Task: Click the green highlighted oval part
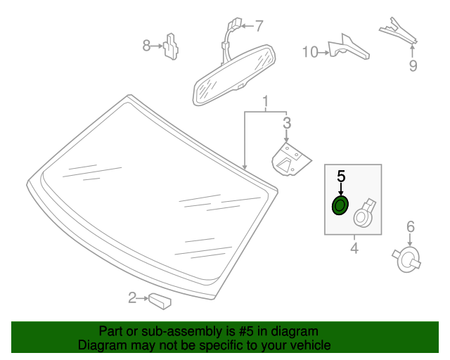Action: coord(340,206)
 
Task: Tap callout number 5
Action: coord(341,176)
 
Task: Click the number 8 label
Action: coord(146,46)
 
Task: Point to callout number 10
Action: coord(310,51)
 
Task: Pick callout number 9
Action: coord(413,66)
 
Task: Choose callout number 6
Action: coord(411,226)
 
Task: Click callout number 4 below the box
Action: coord(354,248)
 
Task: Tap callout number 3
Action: coord(286,124)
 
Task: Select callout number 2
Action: coord(132,299)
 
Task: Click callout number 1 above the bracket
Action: coord(266,103)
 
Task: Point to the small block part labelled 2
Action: coord(160,301)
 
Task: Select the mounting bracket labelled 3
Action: coord(290,160)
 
